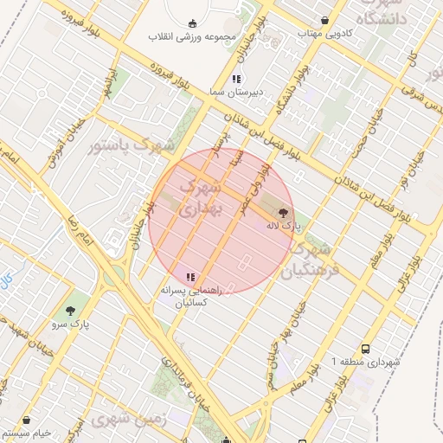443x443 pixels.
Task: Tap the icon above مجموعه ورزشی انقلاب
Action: tap(191, 23)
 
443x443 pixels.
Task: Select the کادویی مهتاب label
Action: tap(322, 34)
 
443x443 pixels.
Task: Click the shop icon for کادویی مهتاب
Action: tap(324, 19)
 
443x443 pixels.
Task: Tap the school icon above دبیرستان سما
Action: tap(236, 78)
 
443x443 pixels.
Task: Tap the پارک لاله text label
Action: tap(284, 226)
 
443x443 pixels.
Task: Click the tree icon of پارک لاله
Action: tap(283, 212)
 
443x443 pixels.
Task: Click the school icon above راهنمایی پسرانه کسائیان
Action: tap(189, 277)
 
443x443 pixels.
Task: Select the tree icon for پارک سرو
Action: tap(70, 310)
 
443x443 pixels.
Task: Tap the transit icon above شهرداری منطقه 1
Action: tap(366, 349)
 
